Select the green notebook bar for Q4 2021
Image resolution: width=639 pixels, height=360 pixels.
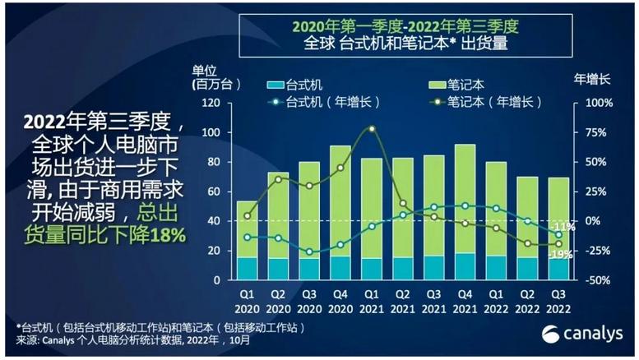click(465, 197)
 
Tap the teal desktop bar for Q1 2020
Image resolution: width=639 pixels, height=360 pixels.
click(247, 268)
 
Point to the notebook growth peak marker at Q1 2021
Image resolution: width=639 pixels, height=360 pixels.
click(372, 129)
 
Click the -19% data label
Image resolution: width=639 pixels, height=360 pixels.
click(563, 254)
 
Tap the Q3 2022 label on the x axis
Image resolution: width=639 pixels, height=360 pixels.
click(559, 300)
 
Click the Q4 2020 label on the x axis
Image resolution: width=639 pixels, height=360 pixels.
click(340, 300)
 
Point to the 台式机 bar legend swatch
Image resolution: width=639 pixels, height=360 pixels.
click(275, 85)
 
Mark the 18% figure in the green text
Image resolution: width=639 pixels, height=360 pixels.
click(168, 236)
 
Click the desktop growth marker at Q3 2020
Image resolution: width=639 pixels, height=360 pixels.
click(309, 252)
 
